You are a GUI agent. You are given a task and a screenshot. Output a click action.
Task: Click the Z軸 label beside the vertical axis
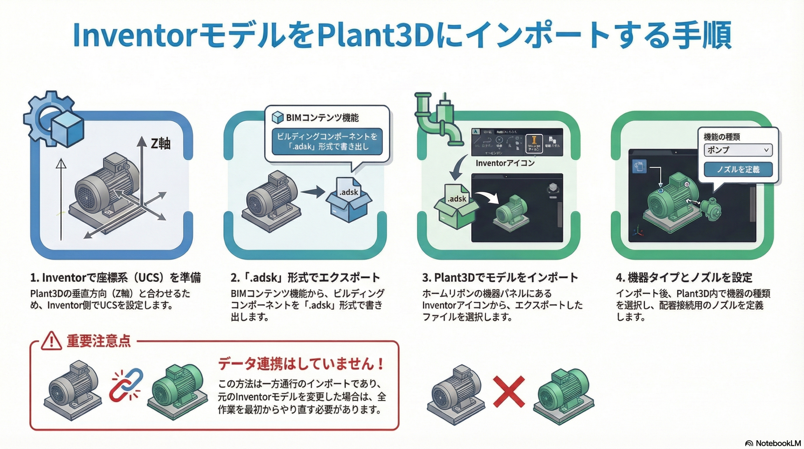pyautogui.click(x=160, y=144)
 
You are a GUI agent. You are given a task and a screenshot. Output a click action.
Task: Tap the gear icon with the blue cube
pyautogui.click(x=53, y=119)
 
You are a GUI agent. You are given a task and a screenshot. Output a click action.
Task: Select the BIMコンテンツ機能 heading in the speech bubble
pyautogui.click(x=322, y=118)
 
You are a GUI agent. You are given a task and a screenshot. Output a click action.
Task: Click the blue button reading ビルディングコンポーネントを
pyautogui.click(x=327, y=141)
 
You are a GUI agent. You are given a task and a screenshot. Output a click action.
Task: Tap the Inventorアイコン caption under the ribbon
pyautogui.click(x=505, y=163)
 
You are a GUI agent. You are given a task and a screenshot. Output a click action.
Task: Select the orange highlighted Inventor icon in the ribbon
pyautogui.click(x=533, y=143)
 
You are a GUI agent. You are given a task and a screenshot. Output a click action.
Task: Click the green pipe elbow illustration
pyautogui.click(x=438, y=119)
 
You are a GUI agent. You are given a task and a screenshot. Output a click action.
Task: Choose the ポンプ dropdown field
pyautogui.click(x=738, y=150)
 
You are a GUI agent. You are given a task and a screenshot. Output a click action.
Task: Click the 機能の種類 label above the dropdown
pyautogui.click(x=722, y=137)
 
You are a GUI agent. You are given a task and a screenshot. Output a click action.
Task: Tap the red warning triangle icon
pyautogui.click(x=52, y=341)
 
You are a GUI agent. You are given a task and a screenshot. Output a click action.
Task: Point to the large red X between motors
pyautogui.click(x=509, y=391)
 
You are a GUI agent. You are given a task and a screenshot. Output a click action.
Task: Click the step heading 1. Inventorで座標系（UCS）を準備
pyautogui.click(x=115, y=278)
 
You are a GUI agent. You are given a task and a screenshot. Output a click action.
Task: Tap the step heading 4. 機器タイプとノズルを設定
pyautogui.click(x=684, y=278)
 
